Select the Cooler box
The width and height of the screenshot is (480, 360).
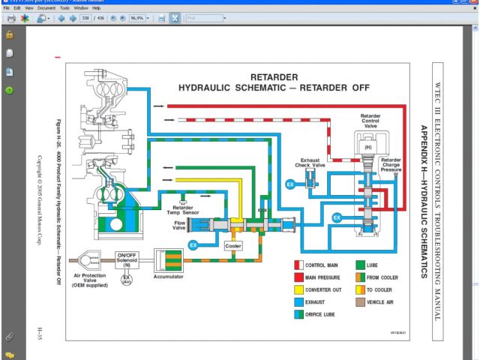pyautogui.click(x=233, y=246)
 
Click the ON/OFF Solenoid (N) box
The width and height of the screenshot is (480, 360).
pyautogui.click(x=126, y=259)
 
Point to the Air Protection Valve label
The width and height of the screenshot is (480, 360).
pyautogui.click(x=89, y=280)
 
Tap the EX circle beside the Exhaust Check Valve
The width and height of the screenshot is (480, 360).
pyautogui.click(x=290, y=184)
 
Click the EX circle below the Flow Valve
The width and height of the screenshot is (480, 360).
pyautogui.click(x=193, y=245)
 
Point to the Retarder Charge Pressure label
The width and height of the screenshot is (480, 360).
pyautogui.click(x=390, y=165)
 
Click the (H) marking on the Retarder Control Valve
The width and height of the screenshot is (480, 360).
pyautogui.click(x=368, y=147)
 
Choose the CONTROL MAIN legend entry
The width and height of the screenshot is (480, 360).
pyautogui.click(x=325, y=265)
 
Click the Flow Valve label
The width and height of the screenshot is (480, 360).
pyautogui.click(x=180, y=224)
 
